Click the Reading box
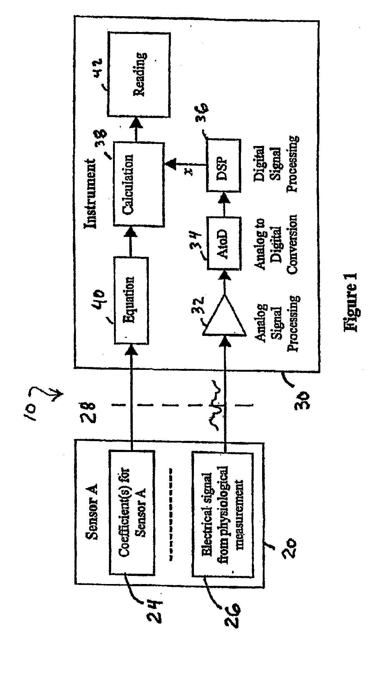coord(139,74)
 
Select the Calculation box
coord(139,184)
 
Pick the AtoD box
coord(224,243)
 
